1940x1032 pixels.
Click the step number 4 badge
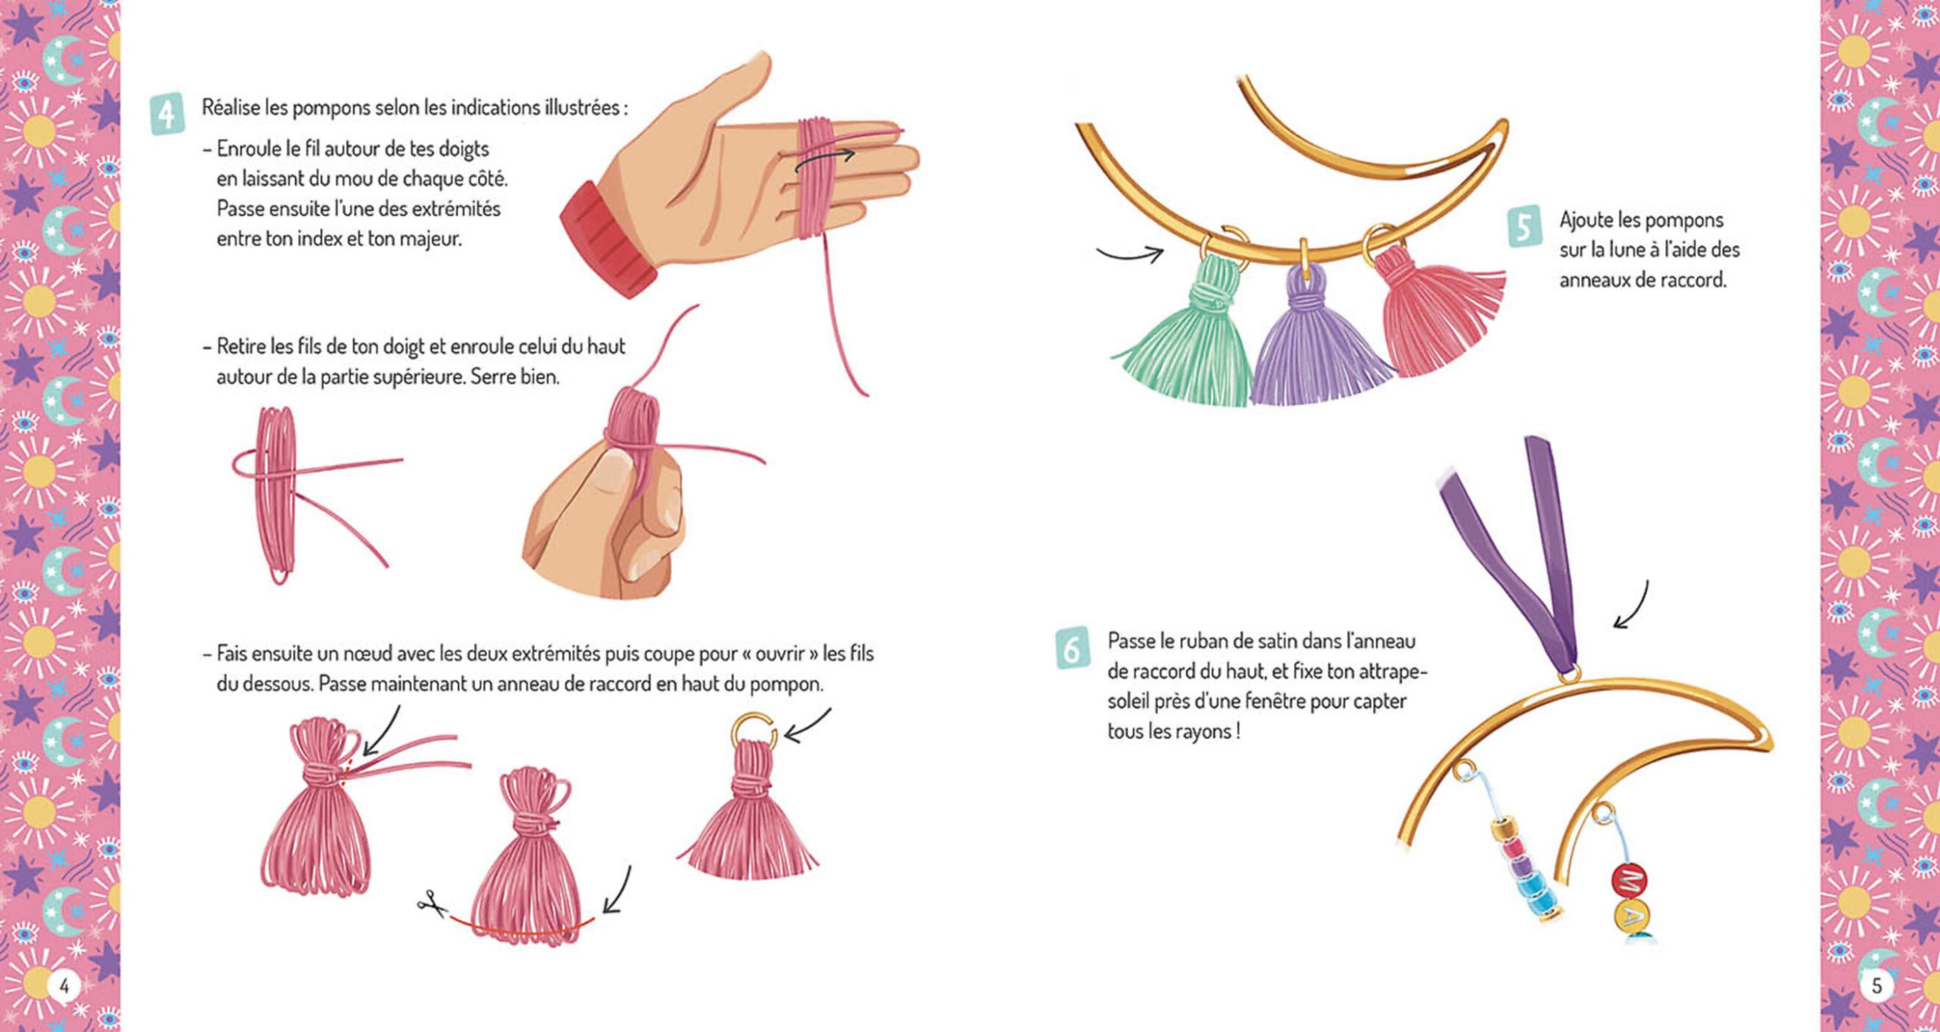167,114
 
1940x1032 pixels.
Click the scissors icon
432,902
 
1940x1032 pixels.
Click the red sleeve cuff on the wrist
608,239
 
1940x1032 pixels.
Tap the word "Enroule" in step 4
249,149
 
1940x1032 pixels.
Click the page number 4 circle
64,986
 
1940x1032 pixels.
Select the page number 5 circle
1876,986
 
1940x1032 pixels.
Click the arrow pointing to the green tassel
1129,255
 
